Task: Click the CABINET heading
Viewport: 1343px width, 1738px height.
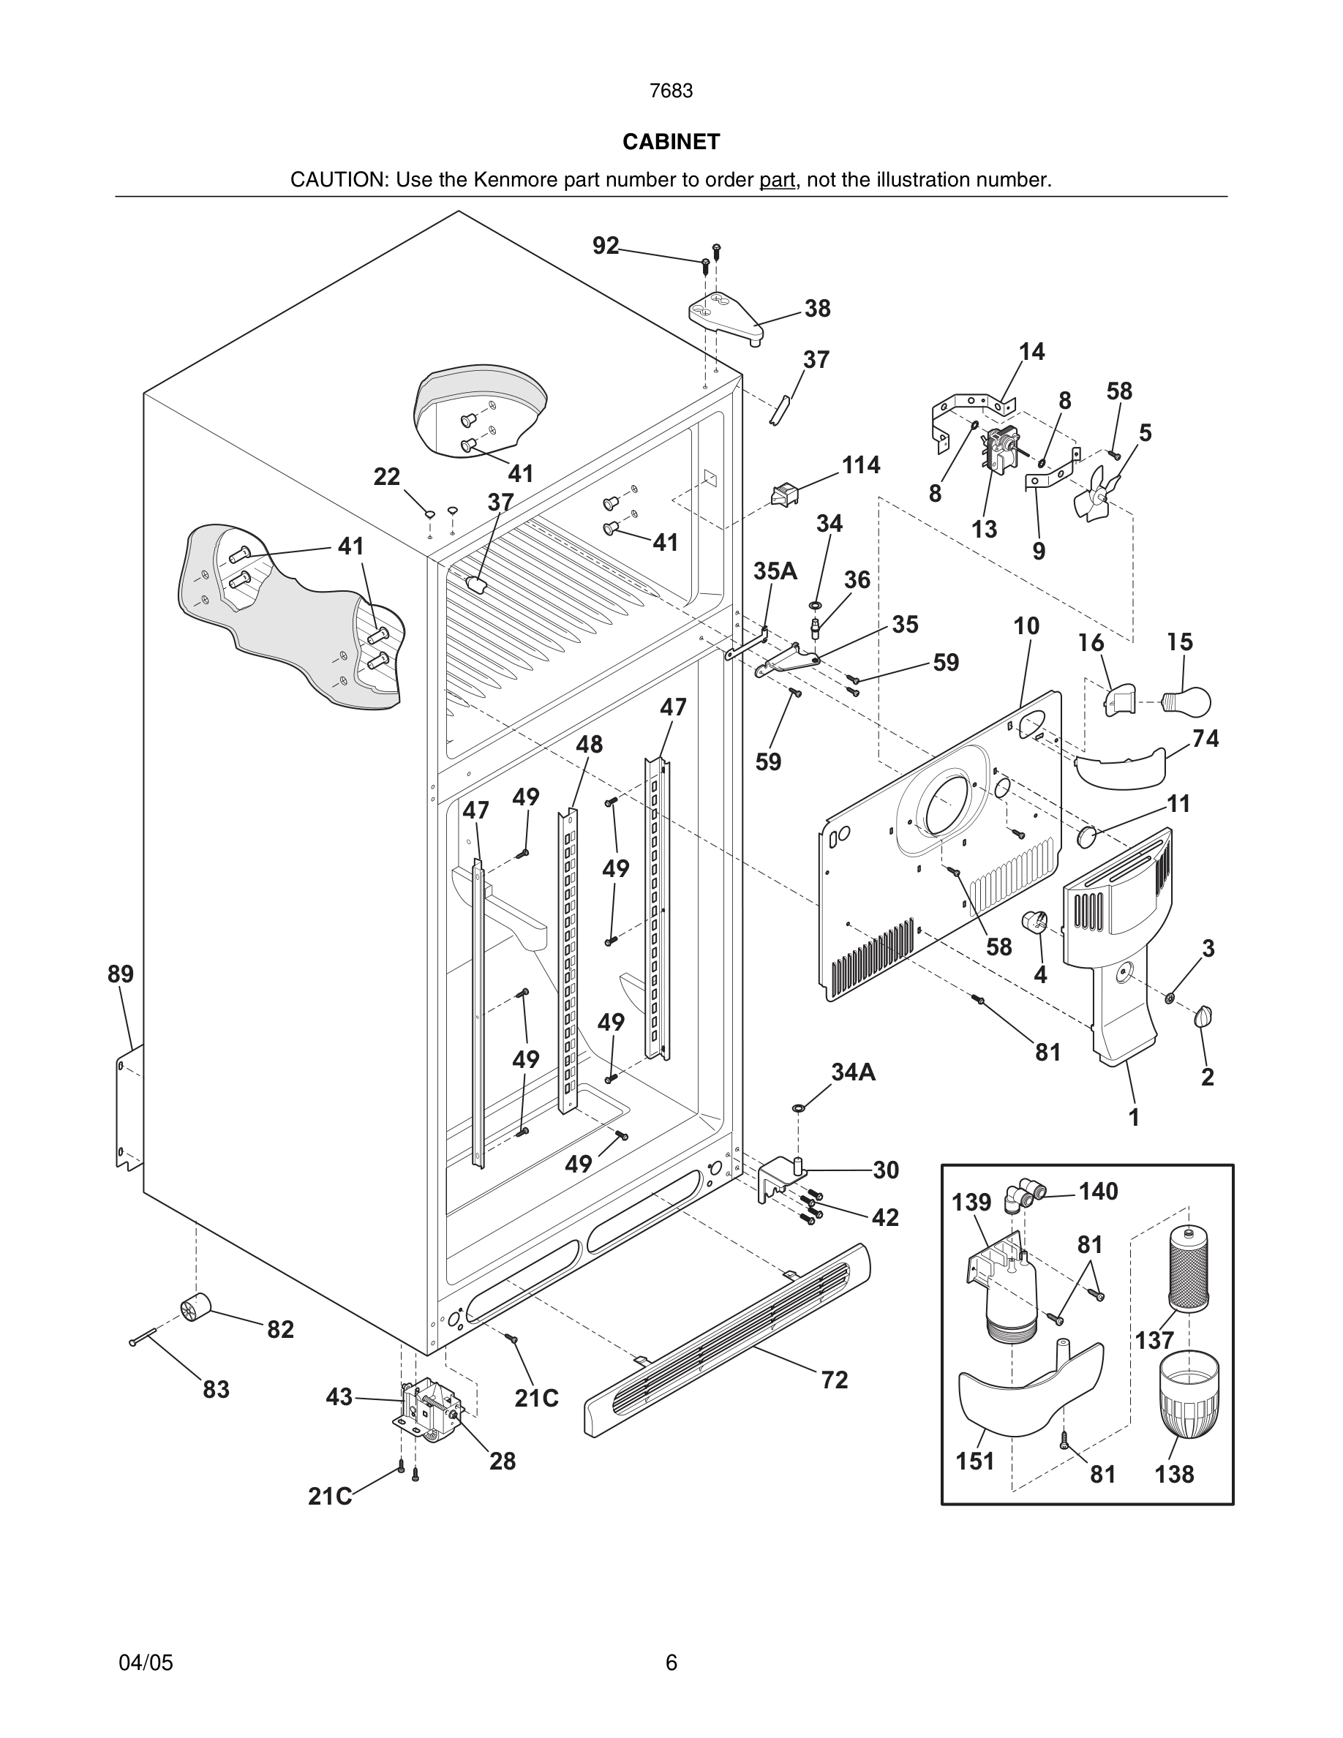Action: tap(671, 142)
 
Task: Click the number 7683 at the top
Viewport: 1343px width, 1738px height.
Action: tap(671, 91)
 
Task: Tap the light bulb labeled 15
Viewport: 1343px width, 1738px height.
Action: tap(1187, 701)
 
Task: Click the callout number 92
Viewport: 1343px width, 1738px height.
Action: tap(606, 246)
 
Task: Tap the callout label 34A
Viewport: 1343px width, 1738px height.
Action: tap(853, 1073)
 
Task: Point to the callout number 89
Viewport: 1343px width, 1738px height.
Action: tap(121, 974)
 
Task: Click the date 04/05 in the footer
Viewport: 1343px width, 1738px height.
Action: tap(146, 1663)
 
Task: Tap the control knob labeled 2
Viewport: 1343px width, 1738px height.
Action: tap(1203, 1016)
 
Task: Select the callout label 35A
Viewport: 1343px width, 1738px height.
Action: tap(775, 571)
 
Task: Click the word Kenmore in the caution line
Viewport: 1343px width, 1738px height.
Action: tap(516, 180)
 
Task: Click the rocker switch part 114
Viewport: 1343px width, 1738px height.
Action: tap(783, 495)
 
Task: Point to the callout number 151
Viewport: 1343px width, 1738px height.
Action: tap(974, 1461)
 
